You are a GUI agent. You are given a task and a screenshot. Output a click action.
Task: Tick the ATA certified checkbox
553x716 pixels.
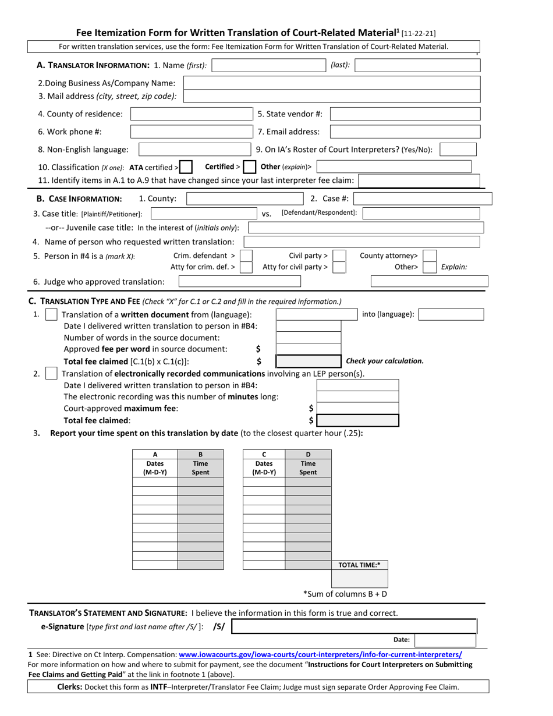coord(186,168)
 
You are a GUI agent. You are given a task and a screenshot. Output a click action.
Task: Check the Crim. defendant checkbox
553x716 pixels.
coord(246,256)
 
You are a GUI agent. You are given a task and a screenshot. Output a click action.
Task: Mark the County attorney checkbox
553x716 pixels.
coord(429,256)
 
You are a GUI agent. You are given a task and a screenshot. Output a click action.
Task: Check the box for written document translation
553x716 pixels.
coord(51,315)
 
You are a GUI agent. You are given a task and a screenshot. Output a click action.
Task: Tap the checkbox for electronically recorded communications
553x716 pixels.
coord(51,374)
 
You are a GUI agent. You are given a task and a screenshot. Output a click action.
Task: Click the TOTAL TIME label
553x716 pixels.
coord(359,565)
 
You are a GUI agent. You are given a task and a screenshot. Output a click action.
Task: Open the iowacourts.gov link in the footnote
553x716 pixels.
coord(320,654)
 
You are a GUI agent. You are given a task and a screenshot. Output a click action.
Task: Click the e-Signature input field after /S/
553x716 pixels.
coord(354,626)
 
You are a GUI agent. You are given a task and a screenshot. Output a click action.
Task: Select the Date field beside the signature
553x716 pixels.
coord(445,640)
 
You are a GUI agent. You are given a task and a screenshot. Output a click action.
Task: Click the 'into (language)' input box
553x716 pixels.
coord(451,315)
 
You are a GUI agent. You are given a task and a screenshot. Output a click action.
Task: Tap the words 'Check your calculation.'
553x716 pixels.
coord(385,361)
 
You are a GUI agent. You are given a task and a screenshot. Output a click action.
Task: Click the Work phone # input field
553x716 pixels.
coord(190,132)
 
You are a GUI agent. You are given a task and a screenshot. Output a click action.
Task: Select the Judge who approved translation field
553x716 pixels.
coord(239,282)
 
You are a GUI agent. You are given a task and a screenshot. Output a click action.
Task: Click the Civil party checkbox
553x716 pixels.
coord(339,256)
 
